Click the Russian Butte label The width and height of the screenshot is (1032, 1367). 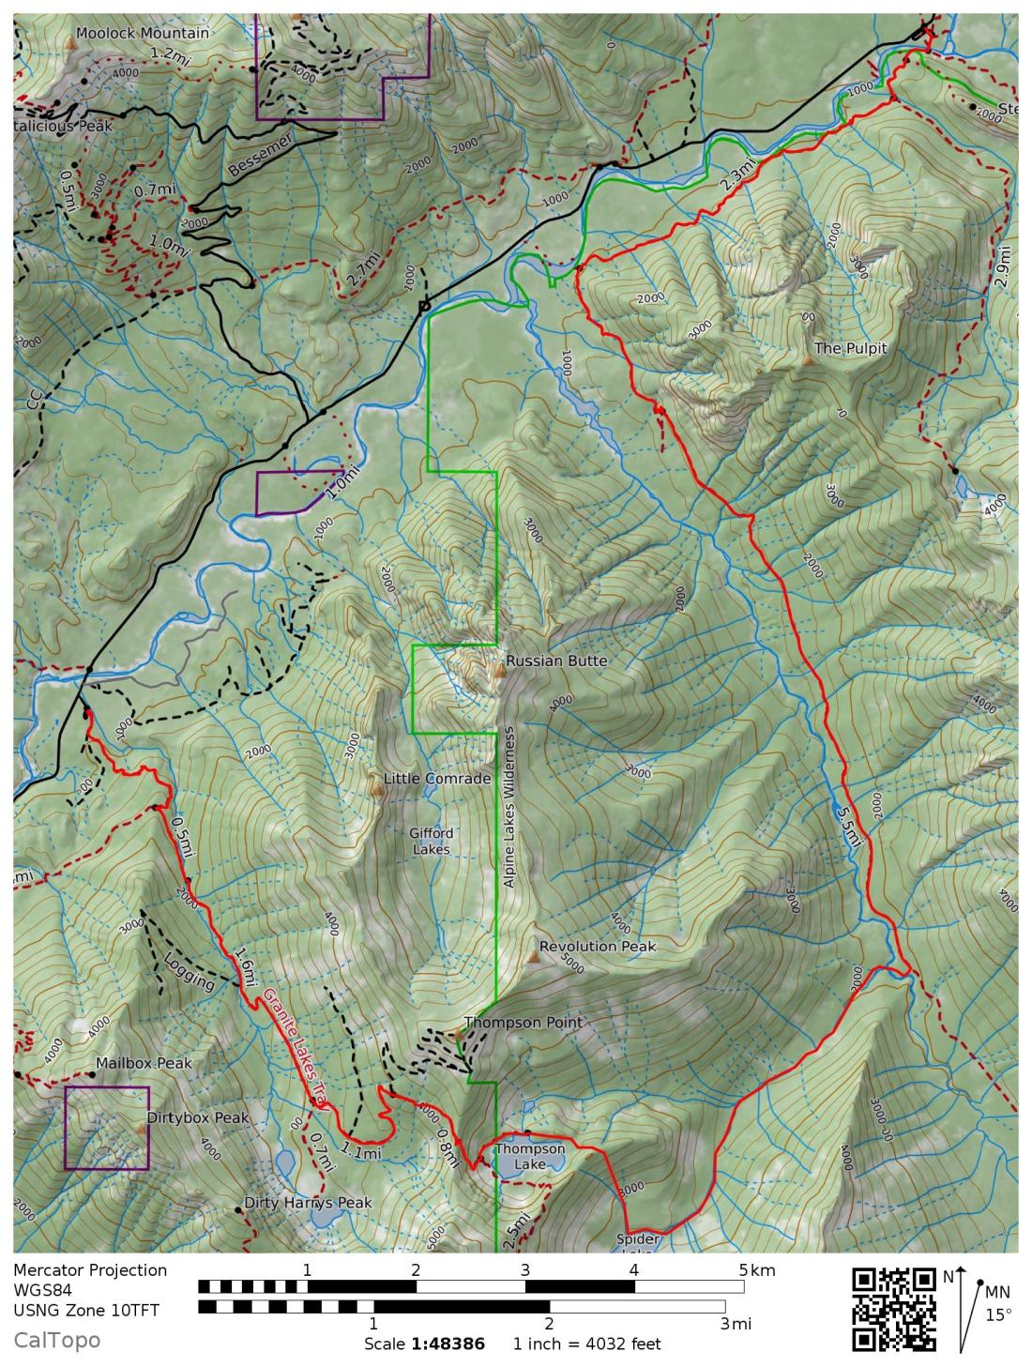pos(556,661)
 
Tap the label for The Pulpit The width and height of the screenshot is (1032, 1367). pos(850,348)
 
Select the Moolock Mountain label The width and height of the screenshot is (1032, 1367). pos(143,33)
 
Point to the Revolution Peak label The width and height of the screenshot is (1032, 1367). pos(598,947)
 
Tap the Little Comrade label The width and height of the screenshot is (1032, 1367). pos(437,779)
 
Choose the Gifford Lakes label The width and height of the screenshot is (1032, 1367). pos(431,841)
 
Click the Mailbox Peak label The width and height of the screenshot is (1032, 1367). pos(144,1063)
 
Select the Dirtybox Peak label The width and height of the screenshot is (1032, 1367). pos(198,1118)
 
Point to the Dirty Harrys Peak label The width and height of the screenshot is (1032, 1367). pos(308,1203)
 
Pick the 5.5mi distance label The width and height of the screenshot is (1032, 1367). pos(846,825)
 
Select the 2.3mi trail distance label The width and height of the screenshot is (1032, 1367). pos(736,175)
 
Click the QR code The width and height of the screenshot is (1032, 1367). pos(894,1309)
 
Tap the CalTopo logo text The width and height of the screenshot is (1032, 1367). pos(56,1340)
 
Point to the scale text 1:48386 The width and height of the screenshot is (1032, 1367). pos(448,1344)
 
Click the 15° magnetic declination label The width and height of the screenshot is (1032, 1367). pos(998,1314)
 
